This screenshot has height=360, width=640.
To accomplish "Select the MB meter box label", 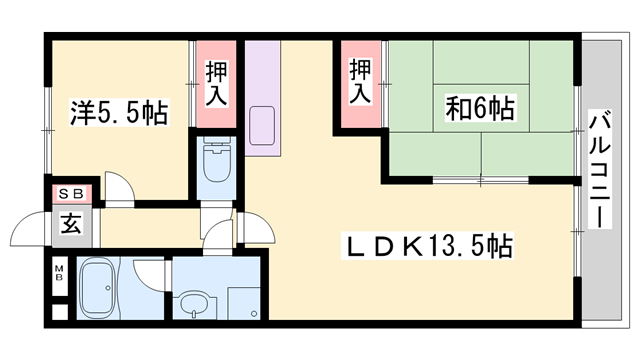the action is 60,271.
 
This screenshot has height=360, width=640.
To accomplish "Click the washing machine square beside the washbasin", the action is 244,301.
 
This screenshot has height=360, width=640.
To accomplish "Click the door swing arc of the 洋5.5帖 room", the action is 118,187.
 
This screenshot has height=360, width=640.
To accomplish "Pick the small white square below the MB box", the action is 60,310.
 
